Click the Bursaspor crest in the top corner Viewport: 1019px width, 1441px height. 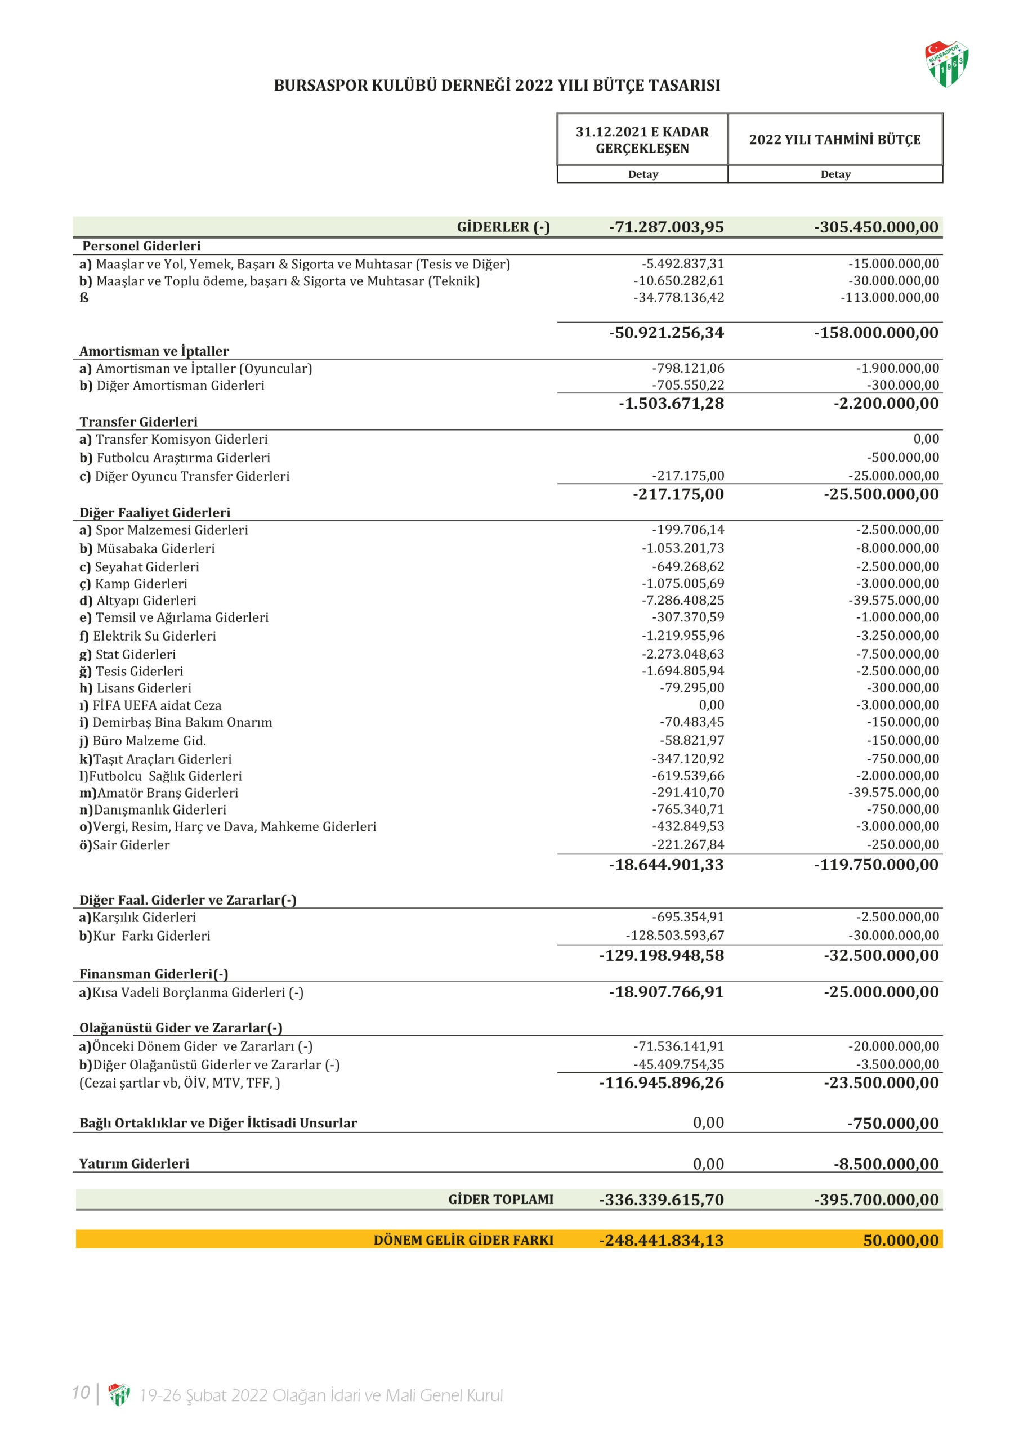point(946,64)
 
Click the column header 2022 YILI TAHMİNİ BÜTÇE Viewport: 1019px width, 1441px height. point(834,140)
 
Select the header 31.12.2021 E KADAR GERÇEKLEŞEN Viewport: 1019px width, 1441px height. point(642,140)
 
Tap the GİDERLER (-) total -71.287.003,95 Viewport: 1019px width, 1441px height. point(666,227)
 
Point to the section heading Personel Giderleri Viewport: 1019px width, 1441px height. point(141,246)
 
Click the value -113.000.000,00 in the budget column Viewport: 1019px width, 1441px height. point(890,298)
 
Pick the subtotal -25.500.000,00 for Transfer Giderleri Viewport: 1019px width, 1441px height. point(881,495)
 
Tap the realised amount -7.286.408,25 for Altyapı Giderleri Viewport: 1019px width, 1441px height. point(682,601)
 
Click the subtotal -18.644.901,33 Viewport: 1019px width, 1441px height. point(666,865)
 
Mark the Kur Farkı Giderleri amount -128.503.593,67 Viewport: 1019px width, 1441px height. point(674,936)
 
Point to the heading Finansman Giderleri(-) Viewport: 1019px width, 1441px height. point(154,974)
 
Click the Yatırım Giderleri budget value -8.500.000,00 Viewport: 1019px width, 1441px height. point(886,1164)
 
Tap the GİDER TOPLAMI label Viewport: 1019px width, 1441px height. point(500,1200)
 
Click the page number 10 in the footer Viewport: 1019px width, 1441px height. point(81,1392)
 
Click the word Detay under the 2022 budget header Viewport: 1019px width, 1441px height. point(835,174)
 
